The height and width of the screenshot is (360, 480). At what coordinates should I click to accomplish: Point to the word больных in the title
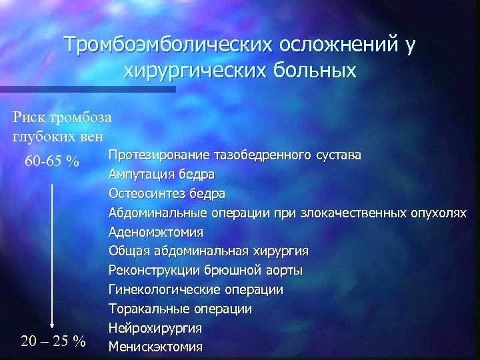pyautogui.click(x=313, y=69)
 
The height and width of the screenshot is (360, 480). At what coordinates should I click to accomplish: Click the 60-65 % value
pyautogui.click(x=51, y=162)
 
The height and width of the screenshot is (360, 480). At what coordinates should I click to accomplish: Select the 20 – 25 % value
pyautogui.click(x=53, y=341)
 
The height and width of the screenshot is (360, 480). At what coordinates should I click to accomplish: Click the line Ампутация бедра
pyautogui.click(x=162, y=175)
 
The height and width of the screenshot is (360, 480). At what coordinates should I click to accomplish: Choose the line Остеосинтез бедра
pyautogui.click(x=167, y=194)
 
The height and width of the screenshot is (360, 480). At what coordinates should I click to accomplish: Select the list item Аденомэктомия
pyautogui.click(x=157, y=233)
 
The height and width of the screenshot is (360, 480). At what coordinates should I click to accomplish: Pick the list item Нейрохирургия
pyautogui.click(x=156, y=329)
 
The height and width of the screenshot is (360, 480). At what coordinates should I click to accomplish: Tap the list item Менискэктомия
pyautogui.click(x=157, y=348)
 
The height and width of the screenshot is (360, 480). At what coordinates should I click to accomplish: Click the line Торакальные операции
pyautogui.click(x=181, y=309)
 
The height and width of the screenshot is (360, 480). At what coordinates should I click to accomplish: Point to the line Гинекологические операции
pyautogui.click(x=196, y=290)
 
